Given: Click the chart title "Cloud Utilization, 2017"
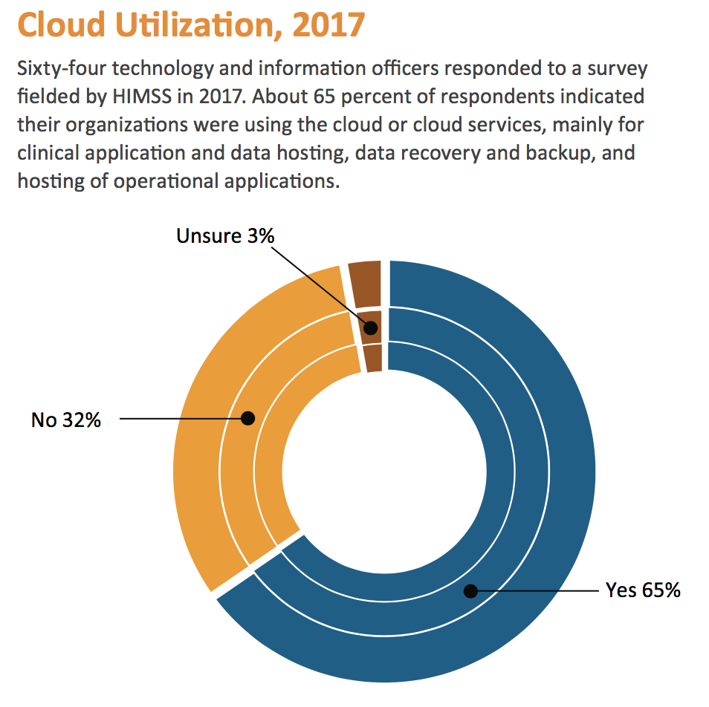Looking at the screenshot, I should [191, 25].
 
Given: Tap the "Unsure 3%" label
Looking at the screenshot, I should [225, 236].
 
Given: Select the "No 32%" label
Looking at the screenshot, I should [65, 420].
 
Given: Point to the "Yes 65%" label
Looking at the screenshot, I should [643, 590].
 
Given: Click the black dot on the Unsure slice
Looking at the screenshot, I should [370, 328].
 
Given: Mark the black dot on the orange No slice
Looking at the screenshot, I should [248, 419].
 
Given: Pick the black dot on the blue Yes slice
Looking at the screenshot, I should [470, 591].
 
